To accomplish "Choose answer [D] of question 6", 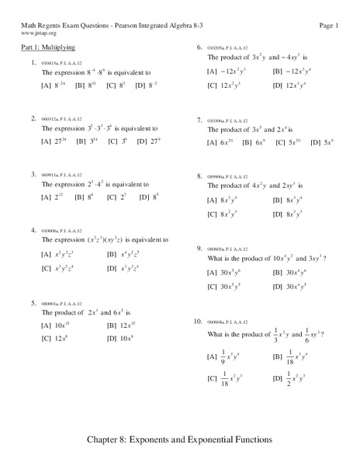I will [292, 84].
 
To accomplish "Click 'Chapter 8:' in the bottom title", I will [112, 439].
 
